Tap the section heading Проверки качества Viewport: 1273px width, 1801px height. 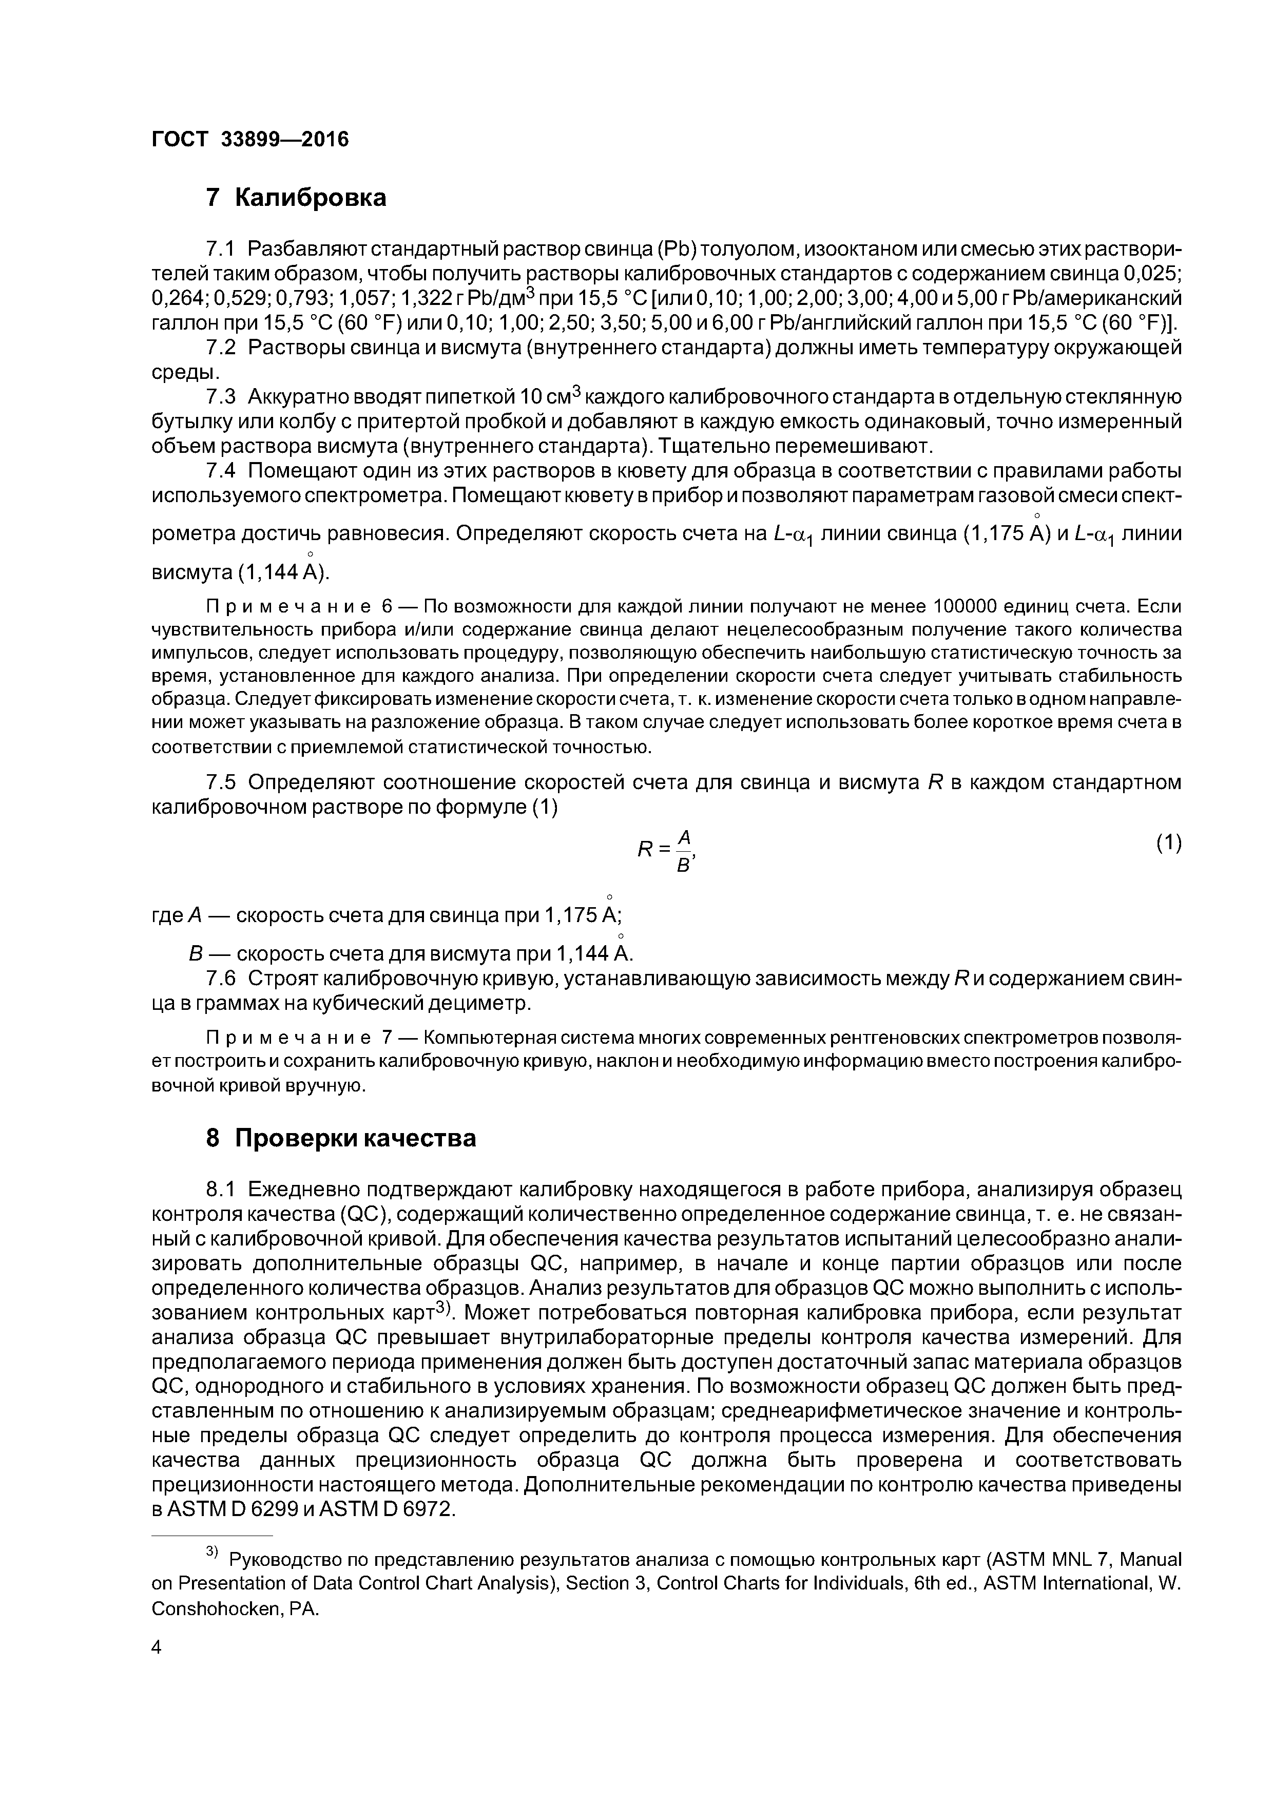pos(355,1138)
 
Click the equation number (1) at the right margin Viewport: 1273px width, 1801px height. pos(1168,842)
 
